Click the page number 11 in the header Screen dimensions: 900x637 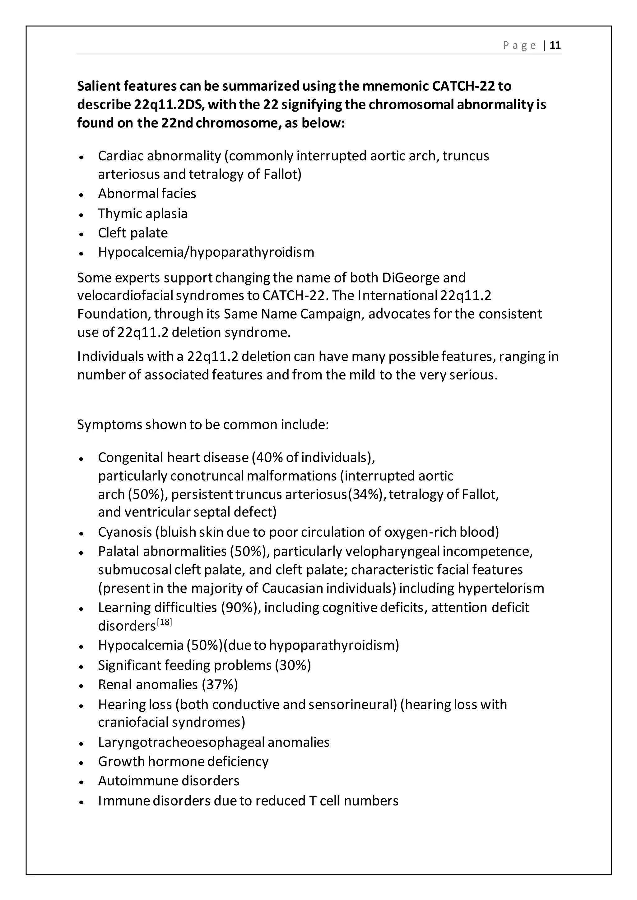pyautogui.click(x=555, y=45)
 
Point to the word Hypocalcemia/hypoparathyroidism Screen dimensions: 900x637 pyautogui.click(x=206, y=252)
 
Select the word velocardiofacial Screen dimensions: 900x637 pyautogui.click(x=125, y=296)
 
